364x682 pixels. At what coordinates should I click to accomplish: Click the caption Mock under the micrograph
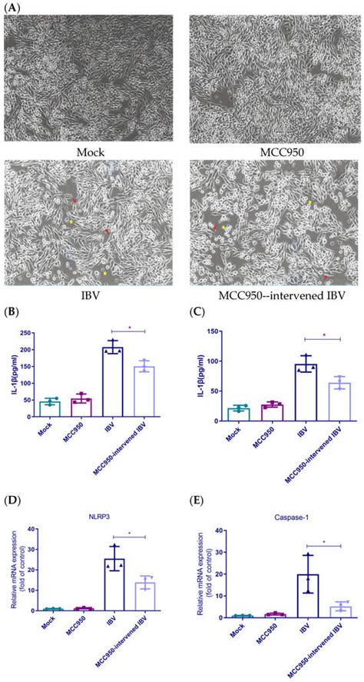(91, 152)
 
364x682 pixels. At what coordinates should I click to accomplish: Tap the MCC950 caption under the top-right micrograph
(273, 152)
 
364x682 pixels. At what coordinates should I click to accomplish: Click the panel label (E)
(192, 501)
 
